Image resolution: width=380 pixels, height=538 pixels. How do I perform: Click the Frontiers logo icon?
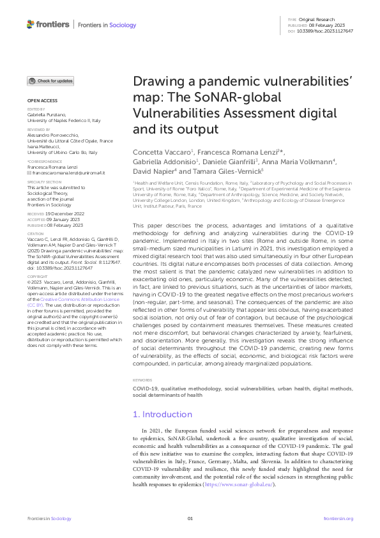coord(30,24)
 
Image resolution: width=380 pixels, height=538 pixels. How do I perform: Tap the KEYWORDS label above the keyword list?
coord(141,362)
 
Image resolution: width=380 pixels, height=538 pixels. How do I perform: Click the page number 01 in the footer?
coord(190,518)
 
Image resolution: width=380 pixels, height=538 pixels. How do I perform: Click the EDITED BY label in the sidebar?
coord(36,110)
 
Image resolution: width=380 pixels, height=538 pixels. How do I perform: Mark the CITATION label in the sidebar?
coord(36,234)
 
